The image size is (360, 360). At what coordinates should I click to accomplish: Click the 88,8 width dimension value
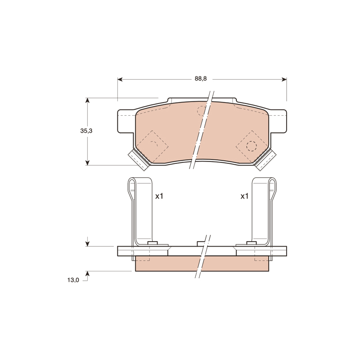pos(201,78)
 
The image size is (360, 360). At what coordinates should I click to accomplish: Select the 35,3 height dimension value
pos(86,131)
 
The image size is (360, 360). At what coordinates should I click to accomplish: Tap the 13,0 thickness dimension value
pos(73,280)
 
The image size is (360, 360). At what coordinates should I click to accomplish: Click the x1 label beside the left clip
pos(159,196)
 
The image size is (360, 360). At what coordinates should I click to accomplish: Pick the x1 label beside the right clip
pos(244,196)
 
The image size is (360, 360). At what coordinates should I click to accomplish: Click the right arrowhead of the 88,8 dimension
pos(284,80)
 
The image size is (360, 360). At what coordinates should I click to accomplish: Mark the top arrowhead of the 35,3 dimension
pos(87,100)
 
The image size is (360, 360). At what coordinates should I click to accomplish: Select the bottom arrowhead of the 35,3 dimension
pos(87,162)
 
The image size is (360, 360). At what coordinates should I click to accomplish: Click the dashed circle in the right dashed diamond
pos(252,145)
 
